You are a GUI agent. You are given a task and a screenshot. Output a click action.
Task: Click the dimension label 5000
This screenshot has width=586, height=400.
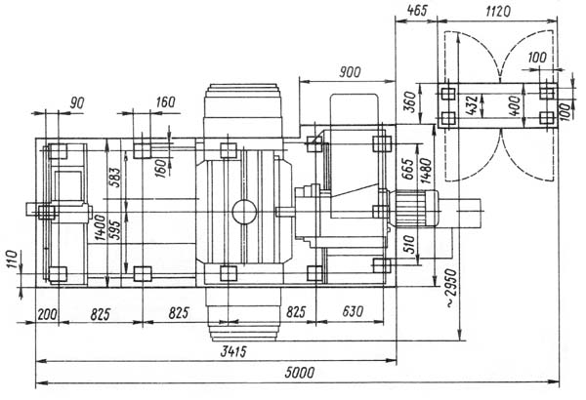point(300,373)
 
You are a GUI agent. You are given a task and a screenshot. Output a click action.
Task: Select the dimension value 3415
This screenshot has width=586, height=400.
point(233,351)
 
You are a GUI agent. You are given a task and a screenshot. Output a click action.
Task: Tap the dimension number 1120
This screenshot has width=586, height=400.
point(498,11)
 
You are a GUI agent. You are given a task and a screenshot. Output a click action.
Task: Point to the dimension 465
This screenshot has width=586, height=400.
point(416,11)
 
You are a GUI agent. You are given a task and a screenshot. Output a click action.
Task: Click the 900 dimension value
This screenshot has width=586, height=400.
point(350,72)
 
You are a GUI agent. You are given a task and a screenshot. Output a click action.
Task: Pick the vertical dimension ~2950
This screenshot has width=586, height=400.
point(451,288)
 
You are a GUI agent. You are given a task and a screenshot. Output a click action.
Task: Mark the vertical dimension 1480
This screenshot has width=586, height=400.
point(426,171)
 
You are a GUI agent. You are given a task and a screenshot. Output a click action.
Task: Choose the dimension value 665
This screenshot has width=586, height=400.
point(408,169)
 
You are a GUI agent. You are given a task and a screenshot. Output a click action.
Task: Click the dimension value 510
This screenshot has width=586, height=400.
point(409,245)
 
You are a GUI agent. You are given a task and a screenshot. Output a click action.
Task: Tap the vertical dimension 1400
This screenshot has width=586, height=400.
point(100,227)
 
